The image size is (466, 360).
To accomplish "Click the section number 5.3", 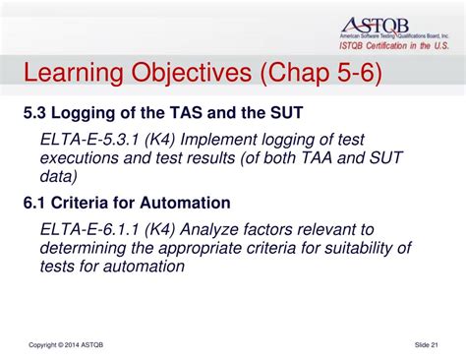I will click(36, 112).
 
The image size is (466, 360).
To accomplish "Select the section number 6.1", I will click(36, 204).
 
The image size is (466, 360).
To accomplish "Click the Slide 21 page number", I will click(426, 343).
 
